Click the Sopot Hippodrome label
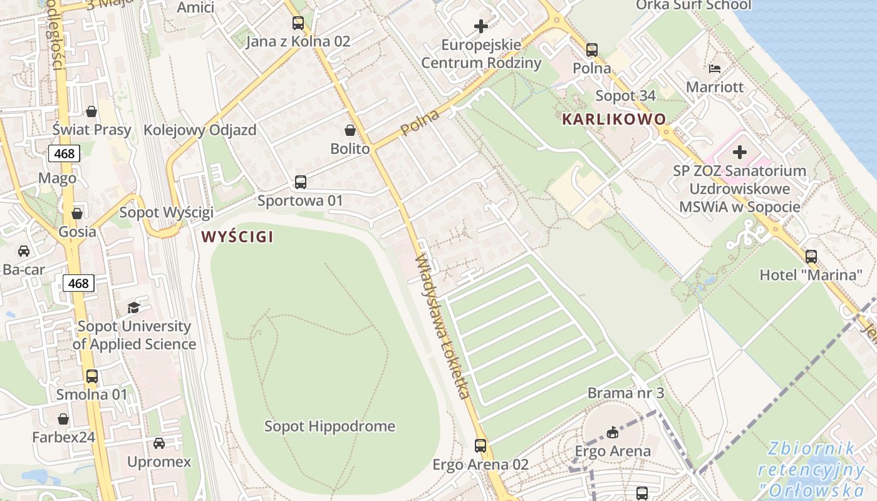330,426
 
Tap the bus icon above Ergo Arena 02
480,445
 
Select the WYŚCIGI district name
237,237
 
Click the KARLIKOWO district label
614,119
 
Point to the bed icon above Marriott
715,68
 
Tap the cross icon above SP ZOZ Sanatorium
740,152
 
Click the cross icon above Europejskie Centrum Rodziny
481,26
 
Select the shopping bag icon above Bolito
350,130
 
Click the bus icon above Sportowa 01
301,182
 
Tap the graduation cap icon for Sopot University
133,307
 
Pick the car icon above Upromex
159,443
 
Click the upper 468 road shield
64,153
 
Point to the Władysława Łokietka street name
442,326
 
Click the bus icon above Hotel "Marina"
811,256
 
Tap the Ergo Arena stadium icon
613,432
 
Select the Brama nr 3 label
625,393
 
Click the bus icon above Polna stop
592,49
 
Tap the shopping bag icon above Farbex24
63,419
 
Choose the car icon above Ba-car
24,251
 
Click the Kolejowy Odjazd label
200,130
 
